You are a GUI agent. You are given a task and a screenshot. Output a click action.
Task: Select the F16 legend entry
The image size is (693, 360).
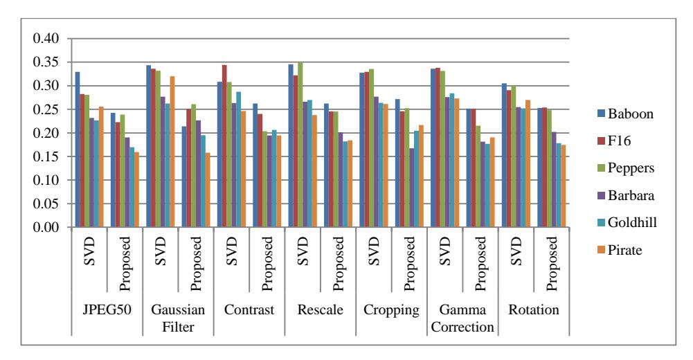614,141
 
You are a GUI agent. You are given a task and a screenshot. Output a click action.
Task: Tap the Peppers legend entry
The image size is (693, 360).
626,168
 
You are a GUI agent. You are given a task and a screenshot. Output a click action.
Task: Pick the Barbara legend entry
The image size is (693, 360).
626,195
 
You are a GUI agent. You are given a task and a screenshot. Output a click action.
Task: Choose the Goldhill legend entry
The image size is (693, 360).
627,222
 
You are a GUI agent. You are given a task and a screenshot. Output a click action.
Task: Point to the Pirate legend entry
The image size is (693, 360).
620,250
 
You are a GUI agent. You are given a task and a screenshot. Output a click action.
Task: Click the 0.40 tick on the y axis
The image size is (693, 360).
46,39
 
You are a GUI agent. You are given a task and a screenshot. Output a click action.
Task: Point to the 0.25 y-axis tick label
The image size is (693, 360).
46,109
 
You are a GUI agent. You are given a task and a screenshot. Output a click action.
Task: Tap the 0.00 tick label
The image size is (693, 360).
46,227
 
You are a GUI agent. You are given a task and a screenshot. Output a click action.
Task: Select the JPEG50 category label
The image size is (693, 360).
107,309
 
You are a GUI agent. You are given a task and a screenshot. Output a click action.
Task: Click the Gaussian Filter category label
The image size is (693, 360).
178,318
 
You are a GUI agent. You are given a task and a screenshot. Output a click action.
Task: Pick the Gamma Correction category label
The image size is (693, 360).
462,318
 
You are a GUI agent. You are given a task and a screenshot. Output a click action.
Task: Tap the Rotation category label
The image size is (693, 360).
534,309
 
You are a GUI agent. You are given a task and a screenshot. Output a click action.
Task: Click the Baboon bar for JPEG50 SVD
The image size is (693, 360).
78,150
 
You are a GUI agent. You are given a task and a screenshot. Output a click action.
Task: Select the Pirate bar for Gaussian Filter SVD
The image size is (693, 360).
172,152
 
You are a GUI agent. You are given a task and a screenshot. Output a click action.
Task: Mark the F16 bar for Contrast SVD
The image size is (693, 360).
224,146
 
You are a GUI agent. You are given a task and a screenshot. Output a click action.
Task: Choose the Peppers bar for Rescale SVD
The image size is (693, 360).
300,145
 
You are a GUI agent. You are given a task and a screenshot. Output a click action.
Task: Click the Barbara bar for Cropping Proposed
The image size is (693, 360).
412,188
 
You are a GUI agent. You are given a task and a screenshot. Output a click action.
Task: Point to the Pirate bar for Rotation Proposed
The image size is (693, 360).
564,186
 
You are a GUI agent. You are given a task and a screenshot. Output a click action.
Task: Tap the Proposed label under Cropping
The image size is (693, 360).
409,264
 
